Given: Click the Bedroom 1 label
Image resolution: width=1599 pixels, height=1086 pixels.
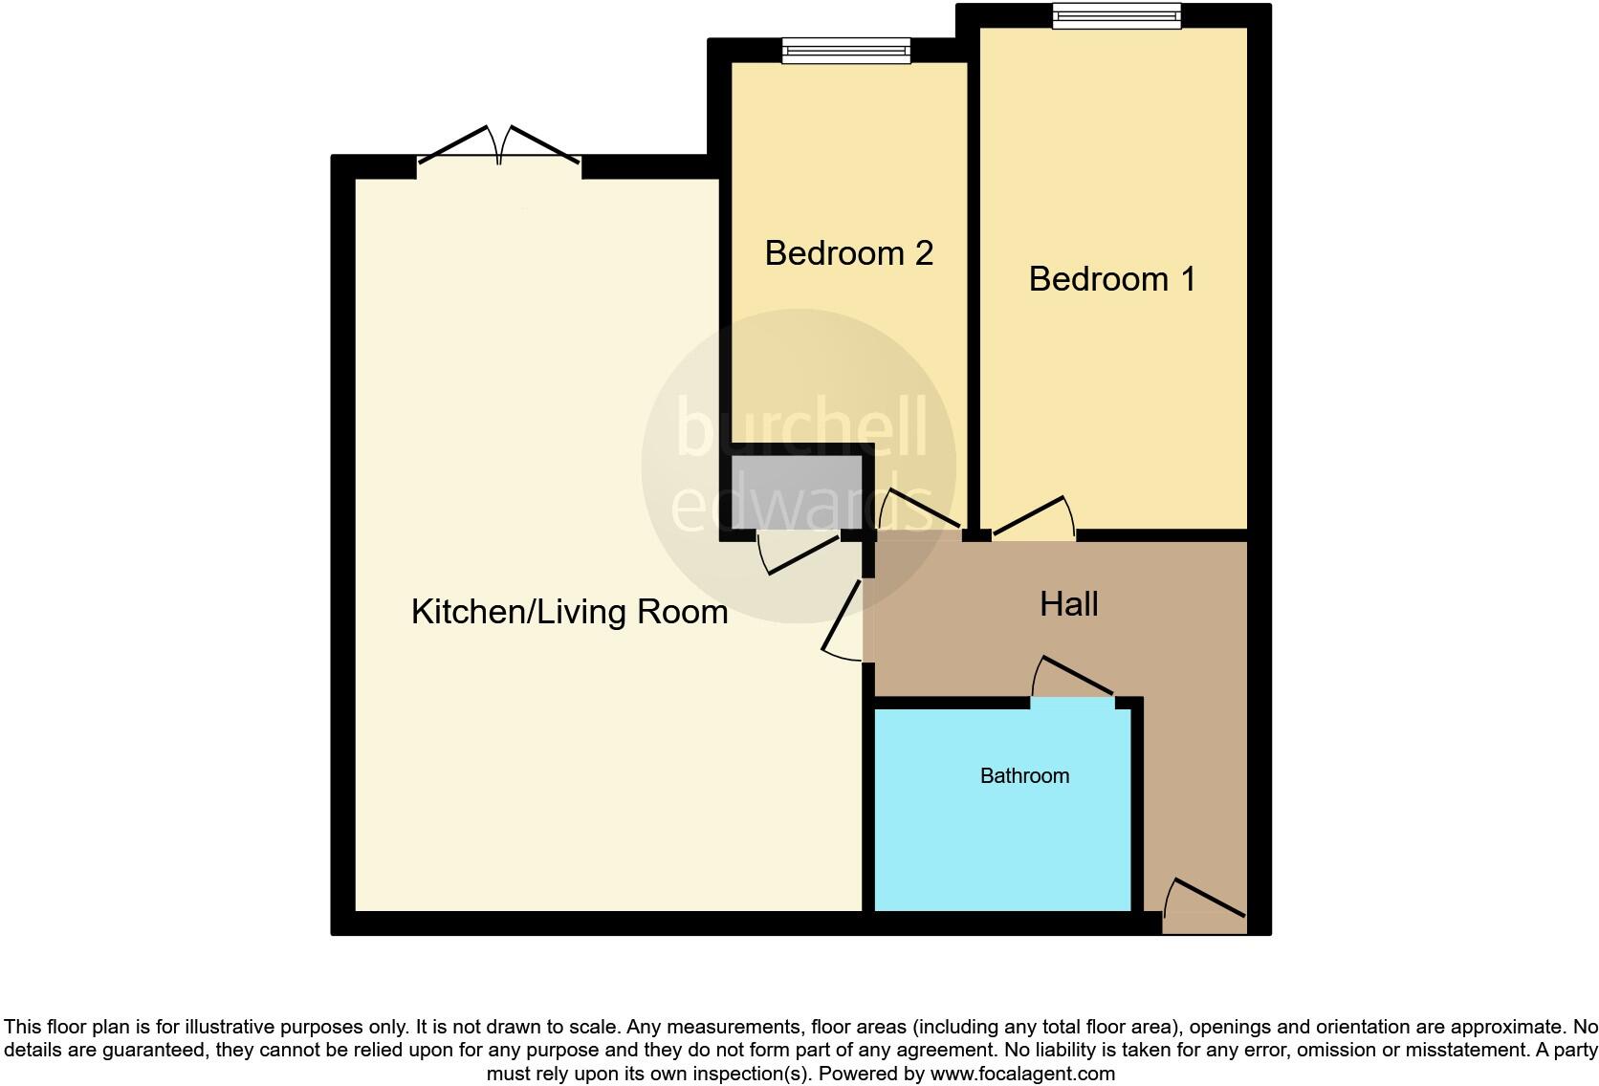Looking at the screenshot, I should [1111, 279].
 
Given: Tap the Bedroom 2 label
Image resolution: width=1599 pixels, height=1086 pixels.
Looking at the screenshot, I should [848, 253].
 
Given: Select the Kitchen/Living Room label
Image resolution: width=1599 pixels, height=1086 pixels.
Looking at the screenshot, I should [569, 612].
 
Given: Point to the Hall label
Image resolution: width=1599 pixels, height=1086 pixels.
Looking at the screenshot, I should [1068, 604].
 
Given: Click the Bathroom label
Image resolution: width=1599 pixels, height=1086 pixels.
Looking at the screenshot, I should [1024, 775].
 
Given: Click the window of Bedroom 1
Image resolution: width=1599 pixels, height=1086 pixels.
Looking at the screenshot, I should [1116, 16].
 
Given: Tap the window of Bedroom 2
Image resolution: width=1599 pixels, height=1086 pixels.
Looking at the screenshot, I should [845, 50].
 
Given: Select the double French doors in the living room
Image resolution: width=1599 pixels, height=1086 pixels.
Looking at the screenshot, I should [499, 153].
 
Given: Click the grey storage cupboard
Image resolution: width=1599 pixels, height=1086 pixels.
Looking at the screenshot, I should [796, 492].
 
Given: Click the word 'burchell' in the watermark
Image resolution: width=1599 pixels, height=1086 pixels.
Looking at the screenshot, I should [801, 427].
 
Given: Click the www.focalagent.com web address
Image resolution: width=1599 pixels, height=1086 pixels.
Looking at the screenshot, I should [1022, 1074].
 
